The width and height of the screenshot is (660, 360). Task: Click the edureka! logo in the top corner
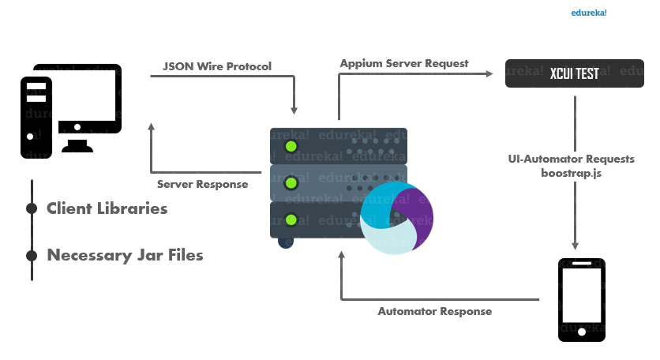click(x=594, y=13)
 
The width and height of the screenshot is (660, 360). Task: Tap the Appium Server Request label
click(x=404, y=62)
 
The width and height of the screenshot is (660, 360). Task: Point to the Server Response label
click(x=202, y=184)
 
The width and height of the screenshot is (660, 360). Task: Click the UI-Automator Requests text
click(x=572, y=159)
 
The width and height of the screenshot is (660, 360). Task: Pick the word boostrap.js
click(x=572, y=171)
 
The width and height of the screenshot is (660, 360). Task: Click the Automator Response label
click(x=434, y=311)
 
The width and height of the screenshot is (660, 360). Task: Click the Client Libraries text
click(x=107, y=209)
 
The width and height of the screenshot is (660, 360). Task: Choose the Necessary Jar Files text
click(x=125, y=255)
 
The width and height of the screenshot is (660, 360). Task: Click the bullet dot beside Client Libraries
click(x=32, y=209)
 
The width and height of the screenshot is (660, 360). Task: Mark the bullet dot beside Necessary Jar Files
click(x=32, y=255)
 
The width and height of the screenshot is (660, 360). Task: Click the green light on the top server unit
click(x=291, y=146)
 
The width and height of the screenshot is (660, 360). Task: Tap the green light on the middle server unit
click(x=291, y=183)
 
